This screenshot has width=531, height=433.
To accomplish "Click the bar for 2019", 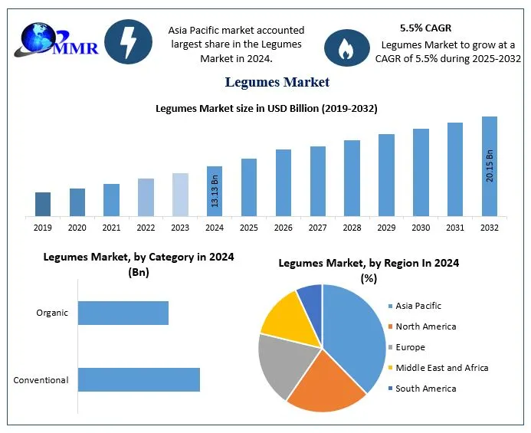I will point(43,204).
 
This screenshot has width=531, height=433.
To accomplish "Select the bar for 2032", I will point(490,166).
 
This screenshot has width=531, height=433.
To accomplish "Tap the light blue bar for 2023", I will point(180,195).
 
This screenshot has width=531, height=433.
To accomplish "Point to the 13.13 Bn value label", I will point(215,192).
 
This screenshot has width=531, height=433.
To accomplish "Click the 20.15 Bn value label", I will point(490,166).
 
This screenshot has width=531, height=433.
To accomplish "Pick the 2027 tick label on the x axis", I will point(318,228).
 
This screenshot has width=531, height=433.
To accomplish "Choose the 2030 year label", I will point(421,228).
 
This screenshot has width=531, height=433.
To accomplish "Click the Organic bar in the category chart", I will point(123,313).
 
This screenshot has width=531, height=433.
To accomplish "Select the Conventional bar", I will point(139,380).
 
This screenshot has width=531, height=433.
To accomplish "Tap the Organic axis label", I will point(52,313).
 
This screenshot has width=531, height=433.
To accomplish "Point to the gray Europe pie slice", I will point(280,363).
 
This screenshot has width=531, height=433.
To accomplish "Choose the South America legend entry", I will point(425,389).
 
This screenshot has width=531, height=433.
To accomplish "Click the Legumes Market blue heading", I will point(277,82).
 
